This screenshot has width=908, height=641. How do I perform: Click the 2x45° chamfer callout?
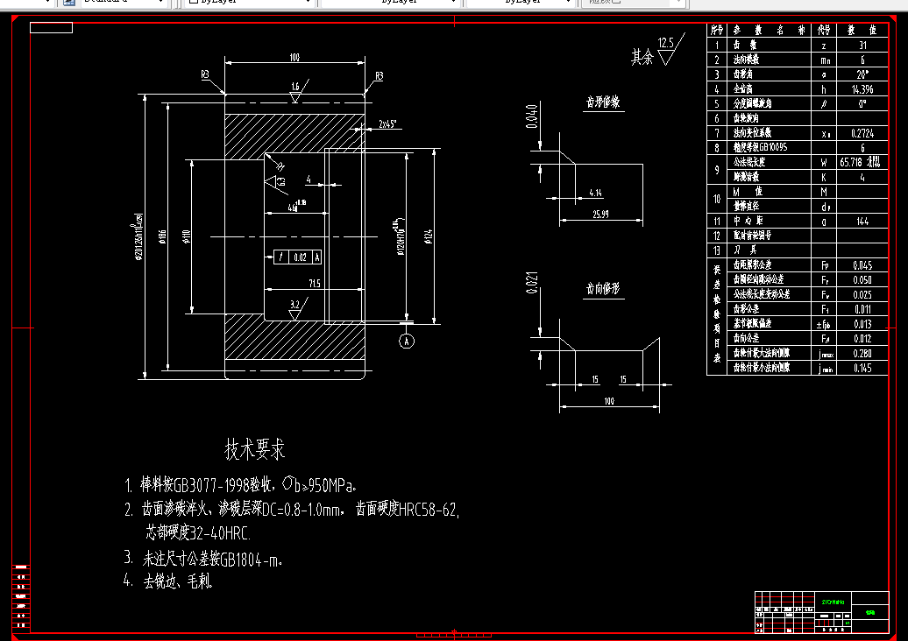[x=388, y=124]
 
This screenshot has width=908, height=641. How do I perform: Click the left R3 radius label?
[x=205, y=76]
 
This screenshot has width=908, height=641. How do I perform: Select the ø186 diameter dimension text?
[x=164, y=236]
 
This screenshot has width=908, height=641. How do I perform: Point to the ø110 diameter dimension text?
[x=186, y=236]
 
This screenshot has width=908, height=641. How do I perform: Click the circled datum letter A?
[x=407, y=342]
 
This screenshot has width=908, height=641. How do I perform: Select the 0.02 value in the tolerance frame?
[x=301, y=257]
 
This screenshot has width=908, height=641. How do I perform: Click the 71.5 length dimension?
[x=314, y=283]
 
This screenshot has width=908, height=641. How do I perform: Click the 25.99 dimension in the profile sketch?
[x=600, y=214]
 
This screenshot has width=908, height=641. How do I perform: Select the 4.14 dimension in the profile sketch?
[x=595, y=192]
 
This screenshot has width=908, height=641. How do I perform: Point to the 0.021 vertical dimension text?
[x=531, y=286]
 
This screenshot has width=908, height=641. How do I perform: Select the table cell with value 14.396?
[x=862, y=88]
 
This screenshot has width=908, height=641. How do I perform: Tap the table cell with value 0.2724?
[x=862, y=133]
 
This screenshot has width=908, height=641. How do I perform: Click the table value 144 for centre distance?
[x=862, y=221]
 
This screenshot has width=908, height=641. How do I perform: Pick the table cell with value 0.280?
[x=862, y=353]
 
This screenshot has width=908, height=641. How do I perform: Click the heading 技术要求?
[x=255, y=450]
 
